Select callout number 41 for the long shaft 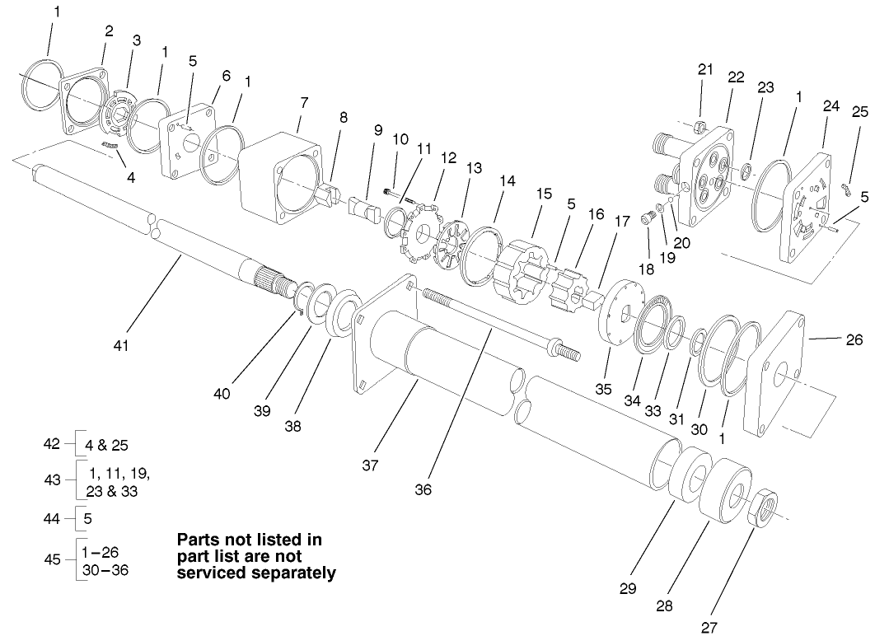121,345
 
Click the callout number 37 370,465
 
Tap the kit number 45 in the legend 52,559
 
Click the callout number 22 736,77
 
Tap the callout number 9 377,129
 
